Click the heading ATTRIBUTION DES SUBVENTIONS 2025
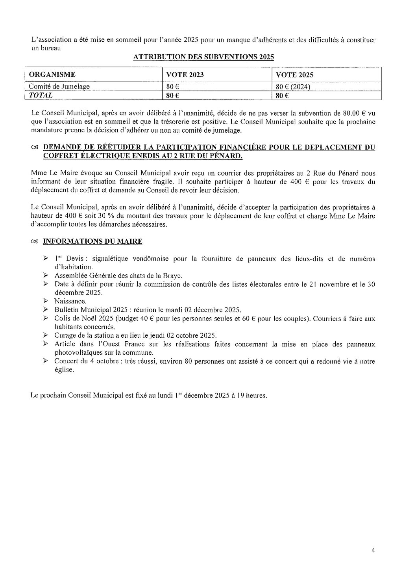(x=203, y=57)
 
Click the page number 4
(x=373, y=551)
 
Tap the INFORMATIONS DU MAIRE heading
(x=92, y=241)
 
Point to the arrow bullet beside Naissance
(x=46, y=301)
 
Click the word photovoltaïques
(x=77, y=352)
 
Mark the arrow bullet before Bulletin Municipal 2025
(x=46, y=309)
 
